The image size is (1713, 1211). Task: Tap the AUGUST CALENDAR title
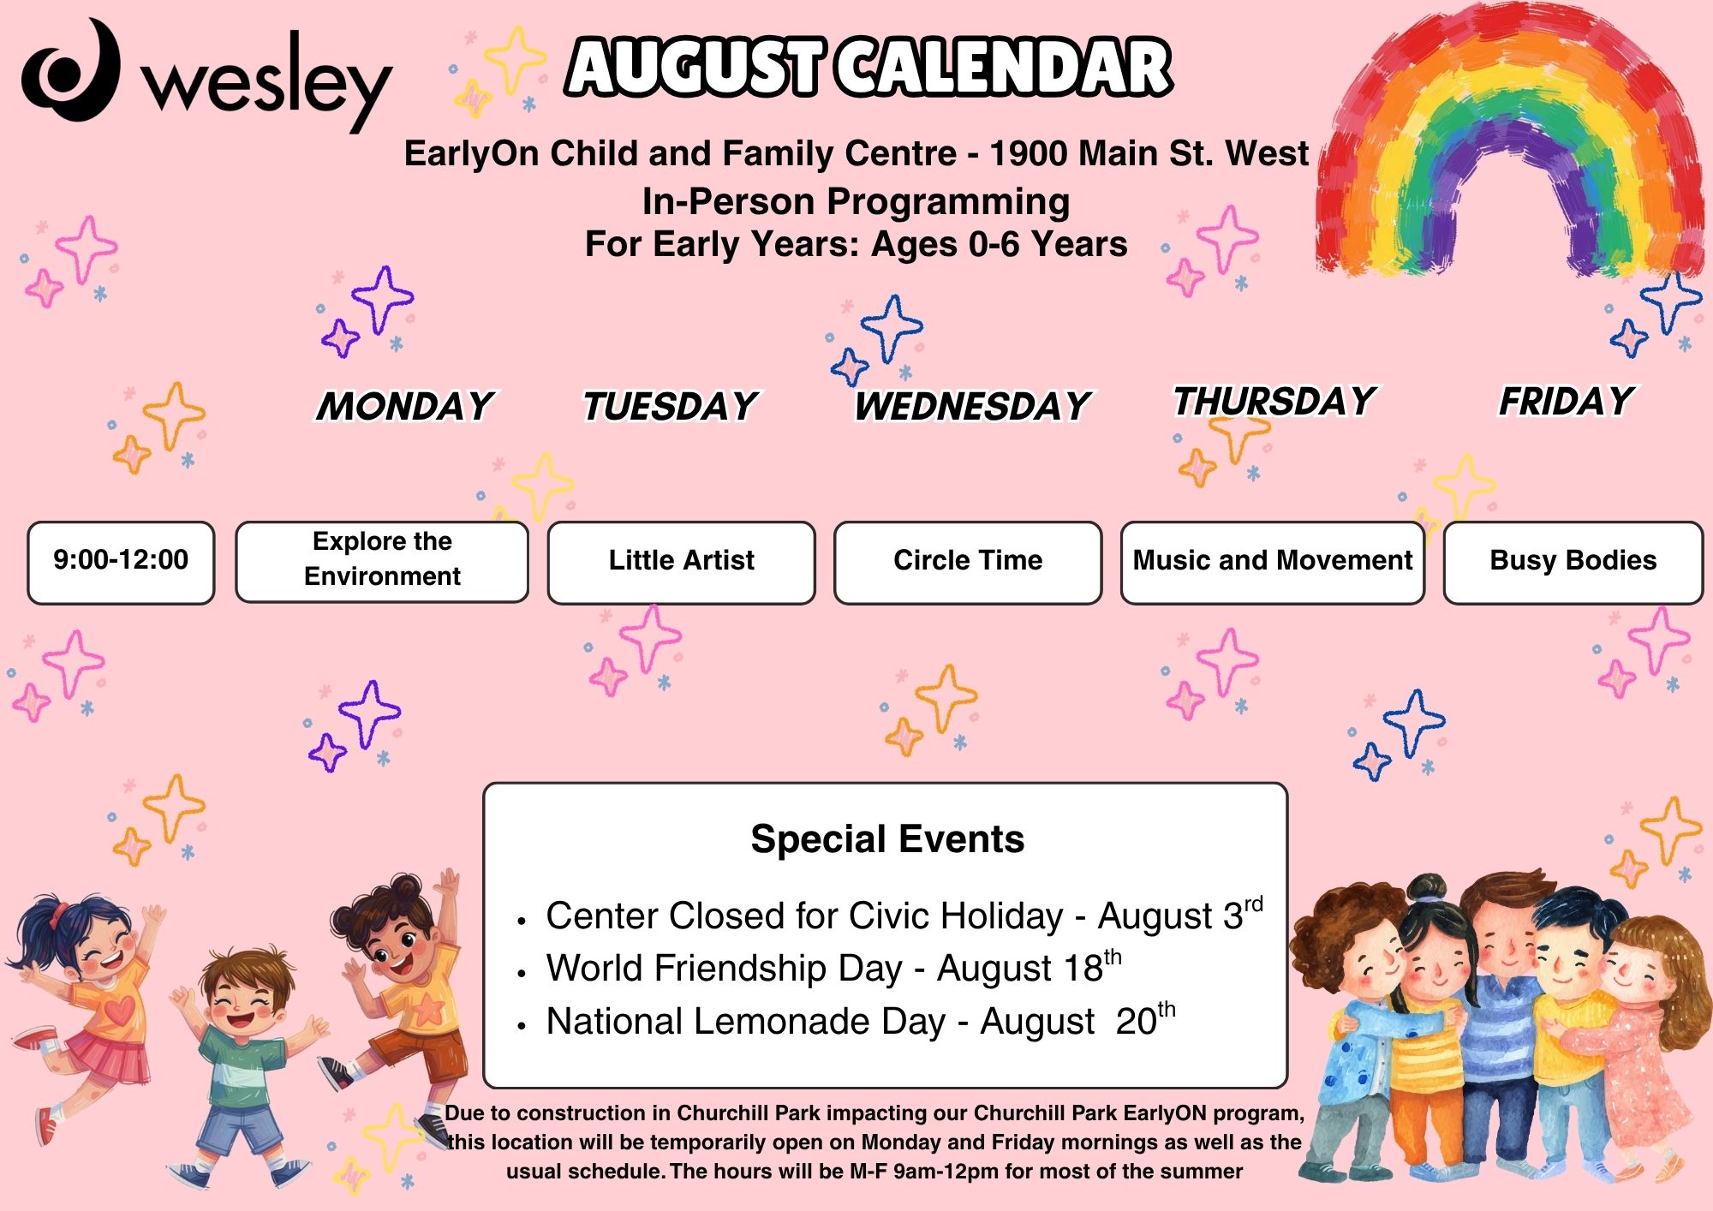(868, 67)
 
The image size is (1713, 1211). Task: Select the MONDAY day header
(405, 406)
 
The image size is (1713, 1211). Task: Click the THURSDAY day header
(1274, 401)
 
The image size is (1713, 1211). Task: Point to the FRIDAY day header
(1567, 401)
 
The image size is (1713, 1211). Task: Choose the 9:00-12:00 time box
(121, 562)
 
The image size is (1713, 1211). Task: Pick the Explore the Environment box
(382, 562)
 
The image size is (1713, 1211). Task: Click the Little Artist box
(682, 562)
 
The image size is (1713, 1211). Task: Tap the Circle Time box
(968, 562)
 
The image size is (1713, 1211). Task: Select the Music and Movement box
(1273, 562)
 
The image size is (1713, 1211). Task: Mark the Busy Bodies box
(1573, 562)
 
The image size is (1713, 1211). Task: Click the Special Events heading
(887, 839)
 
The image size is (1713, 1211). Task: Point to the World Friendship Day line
(833, 968)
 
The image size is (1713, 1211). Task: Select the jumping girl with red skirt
(86, 1011)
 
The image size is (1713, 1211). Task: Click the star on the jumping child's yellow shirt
(426, 1008)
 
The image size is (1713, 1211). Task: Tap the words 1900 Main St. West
(1149, 154)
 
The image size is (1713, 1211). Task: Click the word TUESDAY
(670, 406)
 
